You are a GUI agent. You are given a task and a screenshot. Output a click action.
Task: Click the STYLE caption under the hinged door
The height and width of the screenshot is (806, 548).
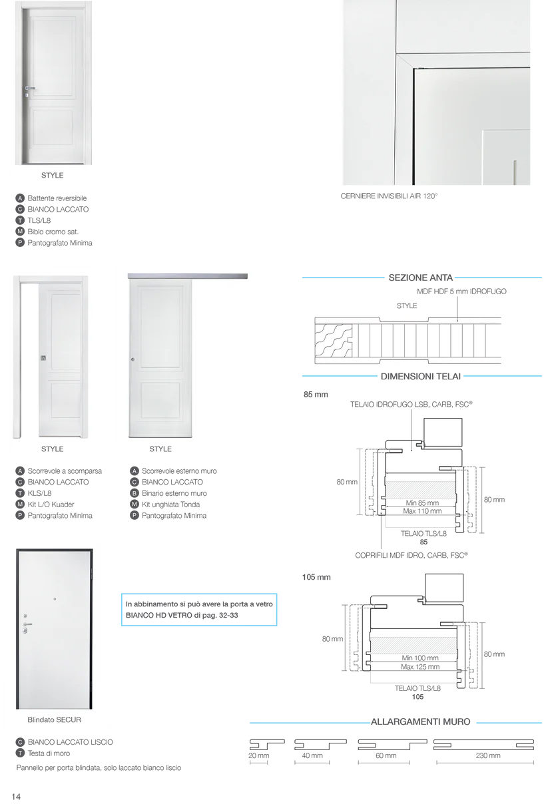coord(52,176)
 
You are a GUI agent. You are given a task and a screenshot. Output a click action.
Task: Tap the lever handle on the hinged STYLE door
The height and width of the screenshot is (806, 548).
coord(29,88)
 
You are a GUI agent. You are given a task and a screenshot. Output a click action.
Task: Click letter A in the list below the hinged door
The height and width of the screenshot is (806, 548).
coord(20,198)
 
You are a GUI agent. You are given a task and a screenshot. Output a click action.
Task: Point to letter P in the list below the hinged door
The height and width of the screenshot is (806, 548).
coord(20,243)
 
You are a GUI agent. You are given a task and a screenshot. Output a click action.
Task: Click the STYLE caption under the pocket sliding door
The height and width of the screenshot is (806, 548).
coord(52,449)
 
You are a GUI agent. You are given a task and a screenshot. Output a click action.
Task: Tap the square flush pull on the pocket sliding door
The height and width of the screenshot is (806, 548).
coord(43,359)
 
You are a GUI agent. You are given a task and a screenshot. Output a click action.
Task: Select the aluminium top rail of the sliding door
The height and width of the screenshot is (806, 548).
coord(188,276)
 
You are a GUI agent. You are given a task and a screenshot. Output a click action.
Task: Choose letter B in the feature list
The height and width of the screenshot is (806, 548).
coord(134,493)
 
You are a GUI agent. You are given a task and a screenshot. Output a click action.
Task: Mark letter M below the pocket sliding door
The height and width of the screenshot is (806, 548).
coord(20,504)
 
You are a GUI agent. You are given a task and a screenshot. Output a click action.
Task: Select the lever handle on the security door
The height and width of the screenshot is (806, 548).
coord(27,624)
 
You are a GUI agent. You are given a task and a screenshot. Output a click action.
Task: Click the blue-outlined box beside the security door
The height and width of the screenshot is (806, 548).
coord(200,609)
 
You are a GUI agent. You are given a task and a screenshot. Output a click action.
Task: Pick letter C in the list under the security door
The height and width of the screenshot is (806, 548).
coord(20,742)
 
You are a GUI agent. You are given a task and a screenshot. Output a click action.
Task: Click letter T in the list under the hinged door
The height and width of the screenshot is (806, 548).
coord(20,220)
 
